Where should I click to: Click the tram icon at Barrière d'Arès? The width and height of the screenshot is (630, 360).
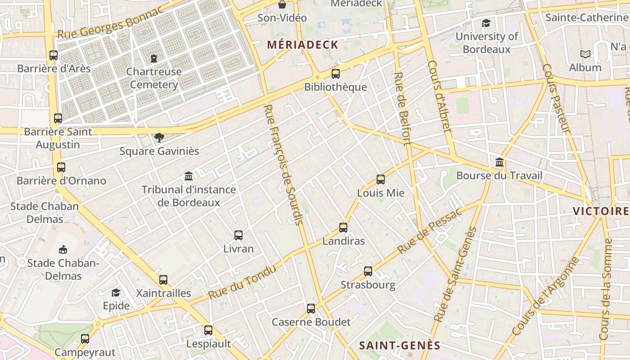pos(54,55)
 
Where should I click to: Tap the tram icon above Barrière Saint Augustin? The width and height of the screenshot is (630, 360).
pos(58,118)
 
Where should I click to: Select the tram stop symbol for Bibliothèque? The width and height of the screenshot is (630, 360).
pos(336,74)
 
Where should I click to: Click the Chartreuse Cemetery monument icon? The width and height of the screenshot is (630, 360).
pos(154,58)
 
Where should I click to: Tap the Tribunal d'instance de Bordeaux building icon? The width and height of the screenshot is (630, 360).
pos(189,176)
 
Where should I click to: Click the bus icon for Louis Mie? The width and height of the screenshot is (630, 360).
pos(381,180)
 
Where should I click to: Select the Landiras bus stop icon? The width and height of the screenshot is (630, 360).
pos(343,228)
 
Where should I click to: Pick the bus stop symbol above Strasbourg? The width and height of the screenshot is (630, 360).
pos(368,271)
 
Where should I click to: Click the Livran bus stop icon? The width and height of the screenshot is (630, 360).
pos(238,235)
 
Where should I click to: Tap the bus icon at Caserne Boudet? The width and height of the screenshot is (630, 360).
pos(311,309)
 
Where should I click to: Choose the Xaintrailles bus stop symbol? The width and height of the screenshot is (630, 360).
pos(163,280)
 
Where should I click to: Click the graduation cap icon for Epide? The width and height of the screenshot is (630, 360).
pos(116,292)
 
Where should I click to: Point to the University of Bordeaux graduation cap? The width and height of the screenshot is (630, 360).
pos(486,23)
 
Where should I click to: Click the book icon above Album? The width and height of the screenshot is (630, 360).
pos(585,54)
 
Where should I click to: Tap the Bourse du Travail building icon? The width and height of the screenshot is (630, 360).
pos(499,162)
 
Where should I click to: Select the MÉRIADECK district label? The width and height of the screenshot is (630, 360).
pos(302,45)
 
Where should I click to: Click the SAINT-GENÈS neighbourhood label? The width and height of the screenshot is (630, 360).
pos(400,346)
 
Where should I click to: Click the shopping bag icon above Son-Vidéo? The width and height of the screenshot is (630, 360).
pos(282,5)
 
